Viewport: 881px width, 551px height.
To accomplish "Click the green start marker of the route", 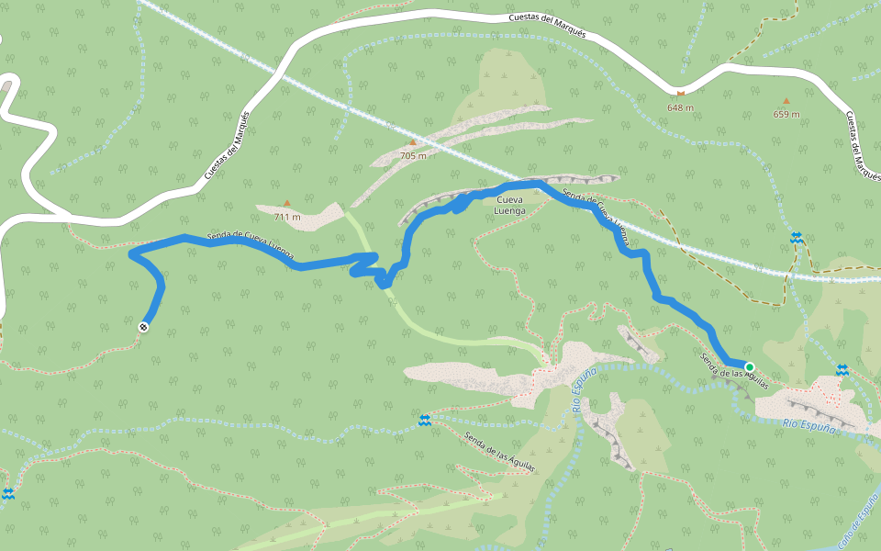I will [750, 367].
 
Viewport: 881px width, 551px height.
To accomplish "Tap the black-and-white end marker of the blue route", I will [144, 327].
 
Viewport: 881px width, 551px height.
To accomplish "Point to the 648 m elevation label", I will [680, 107].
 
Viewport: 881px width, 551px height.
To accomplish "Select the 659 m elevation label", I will [786, 114].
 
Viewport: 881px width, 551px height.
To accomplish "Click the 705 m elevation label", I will [413, 155].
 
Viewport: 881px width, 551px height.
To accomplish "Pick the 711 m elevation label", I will [287, 217].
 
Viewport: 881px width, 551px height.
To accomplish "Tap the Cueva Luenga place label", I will [510, 204].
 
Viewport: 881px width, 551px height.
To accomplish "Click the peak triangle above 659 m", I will [786, 101].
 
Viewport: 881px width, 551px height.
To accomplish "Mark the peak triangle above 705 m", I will [413, 142].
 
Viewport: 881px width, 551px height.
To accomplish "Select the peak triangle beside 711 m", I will [286, 203].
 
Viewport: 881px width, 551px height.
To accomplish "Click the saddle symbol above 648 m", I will [680, 93].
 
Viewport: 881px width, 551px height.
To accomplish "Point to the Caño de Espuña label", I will [859, 526].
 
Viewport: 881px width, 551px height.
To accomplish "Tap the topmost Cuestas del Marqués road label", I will [547, 25].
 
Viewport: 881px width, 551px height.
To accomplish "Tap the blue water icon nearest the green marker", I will [842, 369].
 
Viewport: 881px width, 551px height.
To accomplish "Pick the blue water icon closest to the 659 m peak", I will [797, 238].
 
